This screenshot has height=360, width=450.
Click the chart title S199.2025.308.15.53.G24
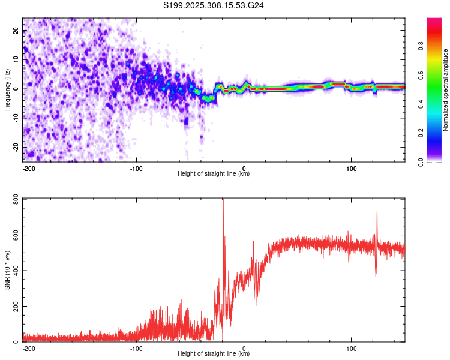[214, 5]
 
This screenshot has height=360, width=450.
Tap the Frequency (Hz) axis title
[7, 89]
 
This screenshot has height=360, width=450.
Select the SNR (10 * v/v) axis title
[7, 270]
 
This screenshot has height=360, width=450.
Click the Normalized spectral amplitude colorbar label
[446, 90]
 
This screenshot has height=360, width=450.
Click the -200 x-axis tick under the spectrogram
[29, 167]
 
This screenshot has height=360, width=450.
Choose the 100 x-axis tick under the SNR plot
[351, 347]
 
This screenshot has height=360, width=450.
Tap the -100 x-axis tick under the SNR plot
[136, 347]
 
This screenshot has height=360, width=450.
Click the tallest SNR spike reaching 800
[223, 200]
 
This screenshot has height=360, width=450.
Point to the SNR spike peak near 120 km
[377, 211]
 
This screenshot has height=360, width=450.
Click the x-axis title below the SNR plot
[214, 354]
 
